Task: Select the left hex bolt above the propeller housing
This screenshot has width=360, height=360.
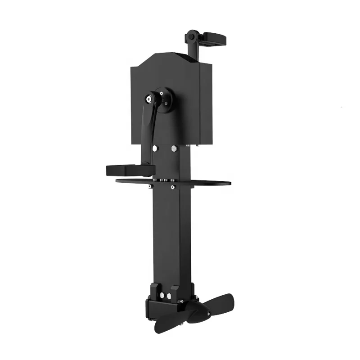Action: [162, 296]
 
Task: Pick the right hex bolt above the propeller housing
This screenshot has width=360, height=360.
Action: [169, 296]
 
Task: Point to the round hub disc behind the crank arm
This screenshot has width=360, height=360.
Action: [165, 99]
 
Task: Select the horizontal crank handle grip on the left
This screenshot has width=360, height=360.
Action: [124, 170]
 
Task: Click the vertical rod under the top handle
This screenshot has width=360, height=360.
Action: [191, 50]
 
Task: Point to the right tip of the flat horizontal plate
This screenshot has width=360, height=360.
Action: [228, 183]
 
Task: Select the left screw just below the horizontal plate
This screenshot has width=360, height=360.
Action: [149, 186]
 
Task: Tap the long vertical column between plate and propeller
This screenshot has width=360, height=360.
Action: [171, 234]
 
